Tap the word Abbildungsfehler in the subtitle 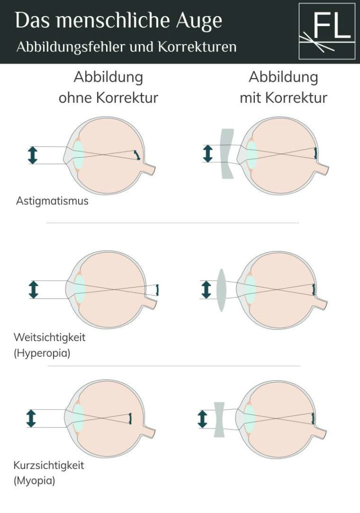coord(59,47)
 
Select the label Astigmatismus coord(52,201)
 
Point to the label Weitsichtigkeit coord(50,337)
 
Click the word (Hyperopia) coord(42,353)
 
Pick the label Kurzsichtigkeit coord(49,465)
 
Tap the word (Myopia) coord(35,481)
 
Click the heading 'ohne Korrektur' coord(108,98)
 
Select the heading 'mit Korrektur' coord(283,98)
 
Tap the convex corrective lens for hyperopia coord(221,290)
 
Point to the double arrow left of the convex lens coord(206,290)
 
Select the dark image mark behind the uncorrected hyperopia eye coord(157,290)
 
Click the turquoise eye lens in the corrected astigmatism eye coord(252,154)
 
